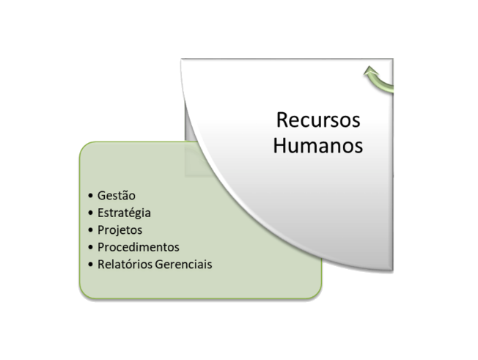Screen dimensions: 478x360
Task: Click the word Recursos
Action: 318,120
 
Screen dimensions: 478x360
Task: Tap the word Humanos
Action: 318,145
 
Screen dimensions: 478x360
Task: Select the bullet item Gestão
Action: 116,196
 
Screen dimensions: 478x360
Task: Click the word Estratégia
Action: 124,213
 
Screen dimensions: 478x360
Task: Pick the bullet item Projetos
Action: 119,230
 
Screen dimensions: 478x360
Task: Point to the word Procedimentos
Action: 139,247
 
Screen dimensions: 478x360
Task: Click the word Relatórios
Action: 125,264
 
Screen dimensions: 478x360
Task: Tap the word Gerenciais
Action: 183,264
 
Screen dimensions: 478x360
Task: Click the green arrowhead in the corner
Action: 371,70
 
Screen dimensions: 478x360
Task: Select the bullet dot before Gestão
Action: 90,195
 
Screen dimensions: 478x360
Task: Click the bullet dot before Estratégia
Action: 90,213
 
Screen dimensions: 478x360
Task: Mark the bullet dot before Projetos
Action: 90,229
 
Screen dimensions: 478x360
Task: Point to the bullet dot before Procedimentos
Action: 90,247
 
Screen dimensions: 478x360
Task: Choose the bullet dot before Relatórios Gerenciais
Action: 90,264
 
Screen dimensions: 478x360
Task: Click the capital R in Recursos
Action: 282,120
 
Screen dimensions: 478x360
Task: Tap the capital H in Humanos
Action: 280,145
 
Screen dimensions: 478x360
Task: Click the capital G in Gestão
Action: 101,196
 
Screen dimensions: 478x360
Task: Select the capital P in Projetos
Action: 101,230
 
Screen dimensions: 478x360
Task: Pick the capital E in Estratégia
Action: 100,213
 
